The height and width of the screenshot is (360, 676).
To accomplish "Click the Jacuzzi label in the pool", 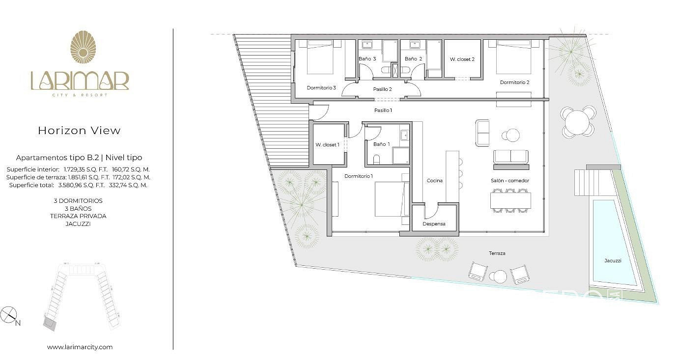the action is [613, 260].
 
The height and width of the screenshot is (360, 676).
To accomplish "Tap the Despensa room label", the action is [434, 223].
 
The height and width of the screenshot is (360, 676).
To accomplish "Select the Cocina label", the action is [435, 180].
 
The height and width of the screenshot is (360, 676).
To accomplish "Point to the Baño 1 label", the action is [381, 144].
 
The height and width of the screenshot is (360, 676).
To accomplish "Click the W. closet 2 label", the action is [462, 59].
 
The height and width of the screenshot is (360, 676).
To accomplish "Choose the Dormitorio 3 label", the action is [321, 87].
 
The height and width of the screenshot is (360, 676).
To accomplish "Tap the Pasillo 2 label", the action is [382, 89].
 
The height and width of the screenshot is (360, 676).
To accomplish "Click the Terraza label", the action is [497, 253].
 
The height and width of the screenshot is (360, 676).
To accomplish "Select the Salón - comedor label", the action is [510, 180].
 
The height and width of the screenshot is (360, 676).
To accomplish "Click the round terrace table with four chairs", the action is [577, 122].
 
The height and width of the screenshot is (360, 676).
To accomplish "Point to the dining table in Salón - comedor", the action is [510, 200].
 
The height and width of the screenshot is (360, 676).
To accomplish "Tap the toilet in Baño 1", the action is [376, 160].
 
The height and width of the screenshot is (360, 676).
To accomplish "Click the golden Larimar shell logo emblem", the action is [83, 47].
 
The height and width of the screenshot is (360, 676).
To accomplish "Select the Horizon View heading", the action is [79, 130].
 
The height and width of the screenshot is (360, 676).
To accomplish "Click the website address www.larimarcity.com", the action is [80, 347].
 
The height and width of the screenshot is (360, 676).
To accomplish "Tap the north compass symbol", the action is [8, 314].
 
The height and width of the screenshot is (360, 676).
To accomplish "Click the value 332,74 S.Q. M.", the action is [128, 185].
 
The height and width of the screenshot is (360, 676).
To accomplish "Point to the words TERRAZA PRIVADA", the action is [78, 216].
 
